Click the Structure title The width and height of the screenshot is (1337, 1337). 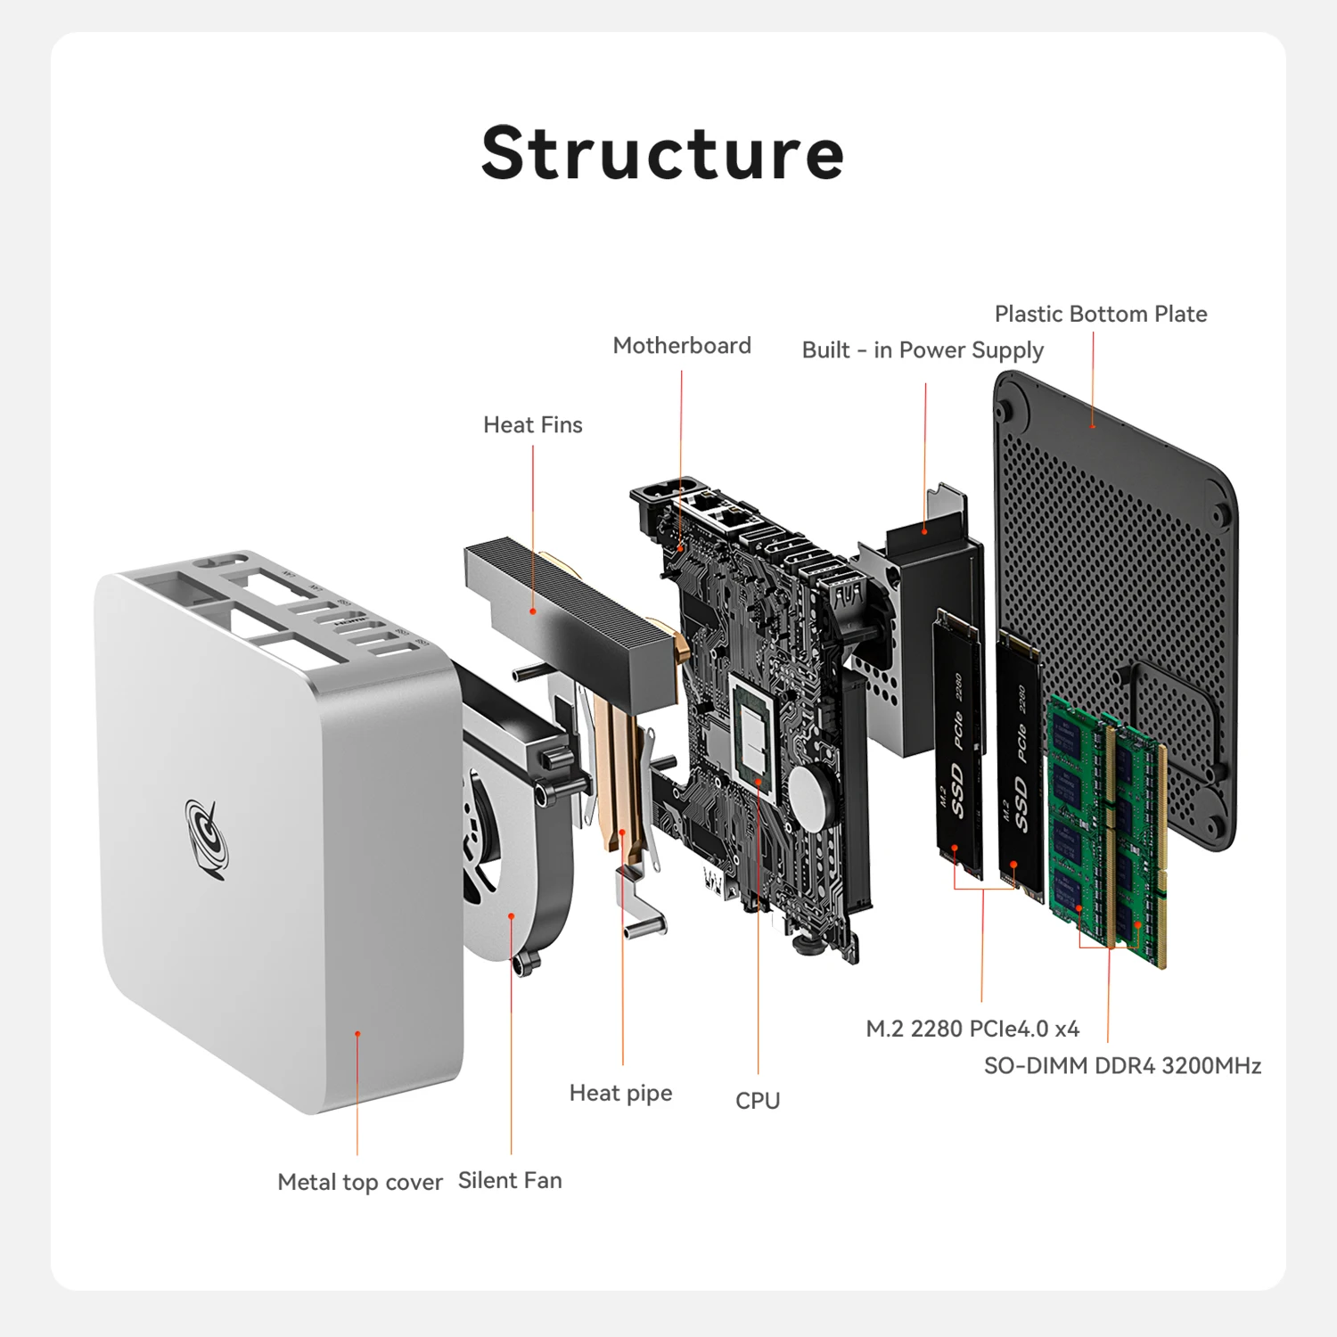point(662,153)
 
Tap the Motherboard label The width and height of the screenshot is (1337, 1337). point(682,346)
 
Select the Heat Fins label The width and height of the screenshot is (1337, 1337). point(532,425)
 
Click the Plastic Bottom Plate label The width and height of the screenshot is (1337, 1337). point(1101,314)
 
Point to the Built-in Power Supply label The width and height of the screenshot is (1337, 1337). point(923,350)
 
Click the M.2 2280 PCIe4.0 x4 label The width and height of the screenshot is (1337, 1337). point(972,1029)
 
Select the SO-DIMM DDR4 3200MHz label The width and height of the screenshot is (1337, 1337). point(1122,1066)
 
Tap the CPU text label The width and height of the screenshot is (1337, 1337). point(758,1101)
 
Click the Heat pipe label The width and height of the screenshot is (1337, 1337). point(620,1093)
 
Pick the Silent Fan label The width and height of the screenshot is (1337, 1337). point(510,1180)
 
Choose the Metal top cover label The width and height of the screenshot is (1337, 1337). point(360,1182)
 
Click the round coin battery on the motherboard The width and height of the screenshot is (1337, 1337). point(811,795)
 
